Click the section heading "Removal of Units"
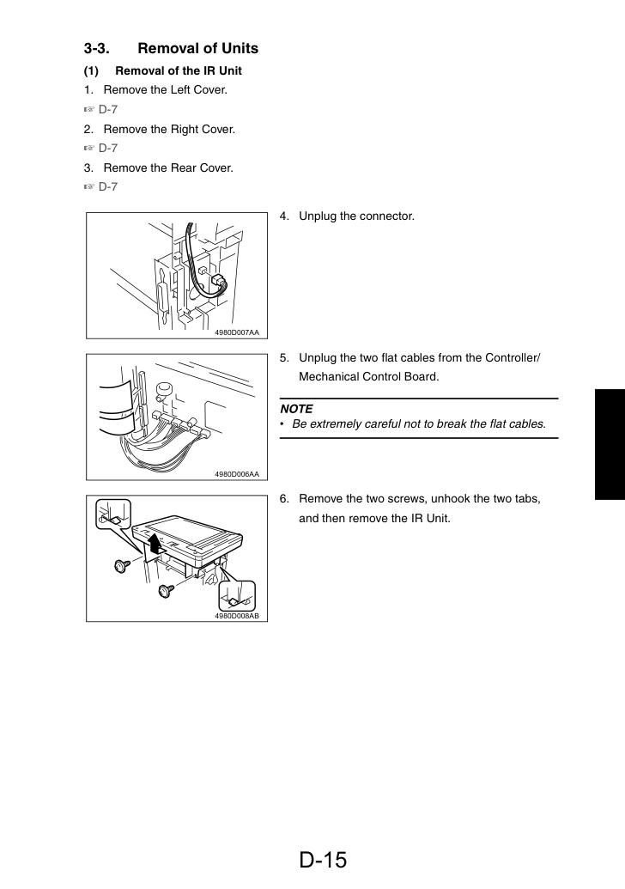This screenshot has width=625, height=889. (x=197, y=48)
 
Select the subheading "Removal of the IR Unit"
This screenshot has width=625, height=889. (x=179, y=71)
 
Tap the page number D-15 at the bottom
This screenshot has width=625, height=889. (x=323, y=860)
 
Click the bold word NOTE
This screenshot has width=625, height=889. (x=296, y=409)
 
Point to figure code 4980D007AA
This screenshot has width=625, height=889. (x=237, y=332)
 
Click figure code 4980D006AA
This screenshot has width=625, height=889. (x=237, y=474)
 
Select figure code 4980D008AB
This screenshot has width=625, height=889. (x=237, y=616)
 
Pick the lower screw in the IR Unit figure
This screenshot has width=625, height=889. (x=166, y=591)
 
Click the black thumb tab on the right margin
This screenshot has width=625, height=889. (x=610, y=444)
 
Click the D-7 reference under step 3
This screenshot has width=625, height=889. (x=107, y=186)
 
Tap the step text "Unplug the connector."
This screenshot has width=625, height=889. (x=356, y=216)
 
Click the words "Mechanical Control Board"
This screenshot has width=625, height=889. (x=367, y=376)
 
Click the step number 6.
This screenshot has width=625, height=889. (x=284, y=499)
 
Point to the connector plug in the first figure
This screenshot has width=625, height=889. (x=218, y=282)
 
